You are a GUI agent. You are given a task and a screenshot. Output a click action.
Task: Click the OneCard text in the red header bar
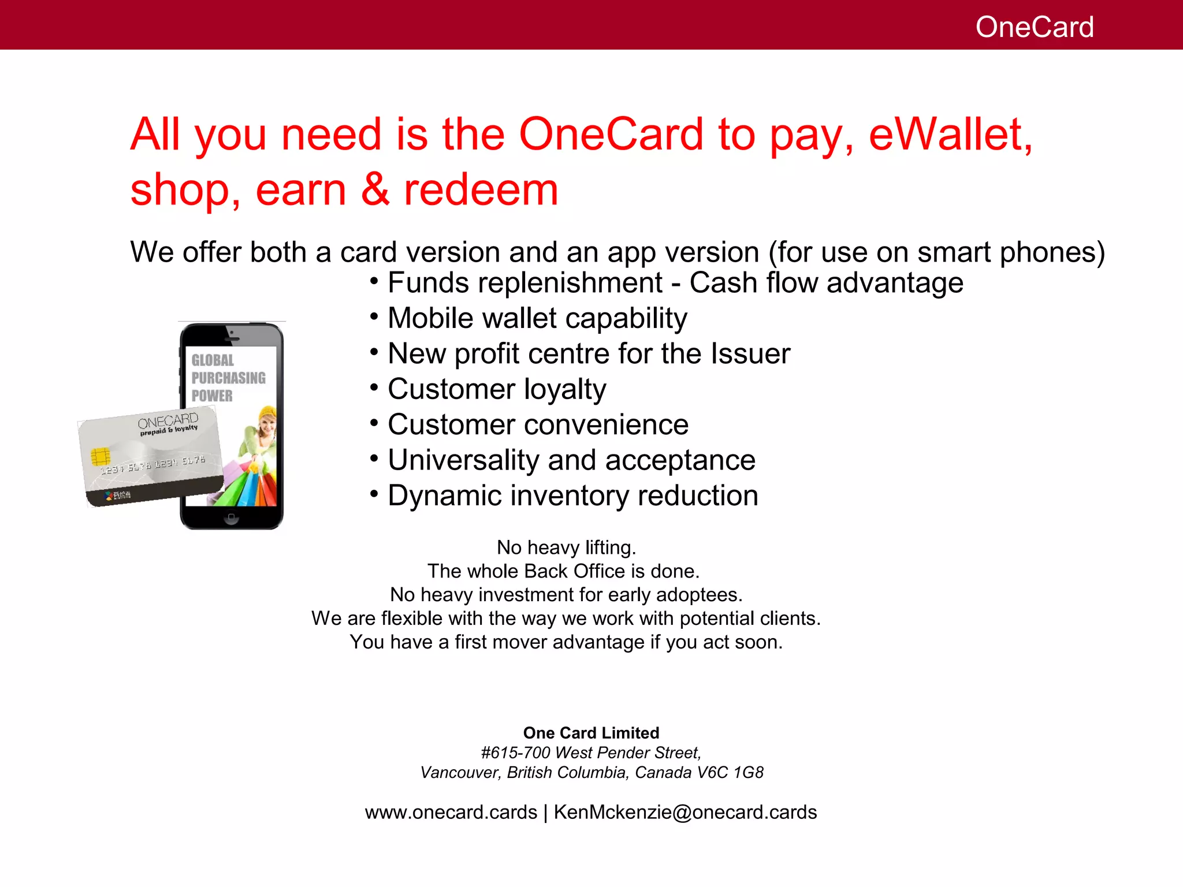[x=1034, y=27]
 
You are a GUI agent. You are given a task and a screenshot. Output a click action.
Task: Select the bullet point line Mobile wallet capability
[x=537, y=318]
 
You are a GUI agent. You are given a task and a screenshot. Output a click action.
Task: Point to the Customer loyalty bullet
[x=497, y=389]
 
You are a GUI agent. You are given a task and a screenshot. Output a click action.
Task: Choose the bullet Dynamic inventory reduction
[x=572, y=495]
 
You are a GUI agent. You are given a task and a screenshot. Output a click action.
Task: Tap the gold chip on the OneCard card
[x=101, y=456]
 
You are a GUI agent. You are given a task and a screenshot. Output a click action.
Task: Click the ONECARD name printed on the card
[x=168, y=420]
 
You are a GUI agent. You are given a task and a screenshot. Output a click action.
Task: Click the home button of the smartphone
[x=231, y=517]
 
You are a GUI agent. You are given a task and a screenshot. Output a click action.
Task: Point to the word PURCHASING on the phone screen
[x=228, y=378]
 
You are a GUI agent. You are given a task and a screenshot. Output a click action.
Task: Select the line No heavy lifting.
[x=566, y=547]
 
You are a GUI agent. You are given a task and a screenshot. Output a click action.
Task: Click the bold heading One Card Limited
[x=591, y=733]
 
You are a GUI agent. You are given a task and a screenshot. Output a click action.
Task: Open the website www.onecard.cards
[x=451, y=813]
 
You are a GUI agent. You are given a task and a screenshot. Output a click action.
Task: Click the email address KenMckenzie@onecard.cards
[x=685, y=813]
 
